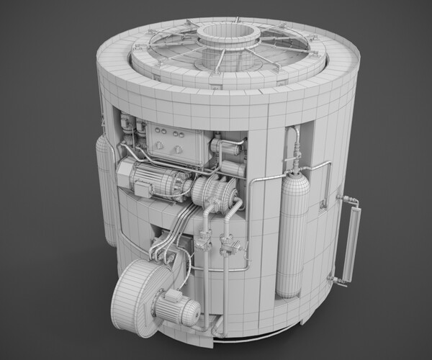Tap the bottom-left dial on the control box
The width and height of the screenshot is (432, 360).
pos(159,148)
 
